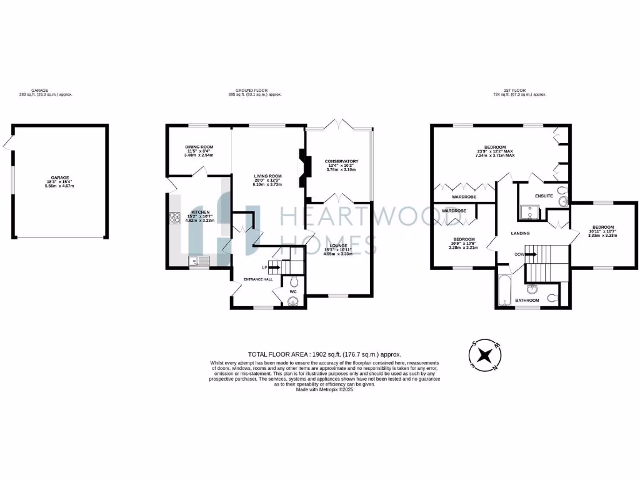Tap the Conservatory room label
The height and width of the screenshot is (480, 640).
pyautogui.click(x=341, y=161)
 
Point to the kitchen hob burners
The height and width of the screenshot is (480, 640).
pyautogui.click(x=173, y=219)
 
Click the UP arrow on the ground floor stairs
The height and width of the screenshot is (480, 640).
pyautogui.click(x=273, y=267)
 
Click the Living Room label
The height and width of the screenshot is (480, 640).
pyautogui.click(x=267, y=176)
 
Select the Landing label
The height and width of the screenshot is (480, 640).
pyautogui.click(x=520, y=234)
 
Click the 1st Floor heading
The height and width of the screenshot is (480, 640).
pyautogui.click(x=519, y=90)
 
